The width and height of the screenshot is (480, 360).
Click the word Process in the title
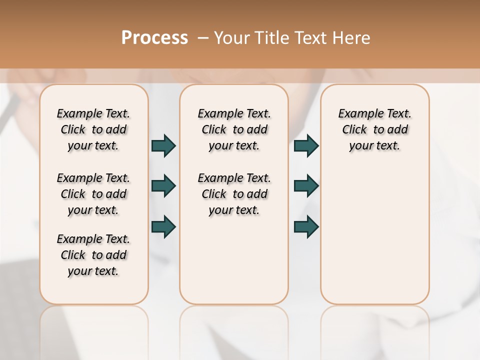(154, 38)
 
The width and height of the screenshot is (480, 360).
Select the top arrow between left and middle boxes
(163, 145)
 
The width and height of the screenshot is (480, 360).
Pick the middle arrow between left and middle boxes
(163, 186)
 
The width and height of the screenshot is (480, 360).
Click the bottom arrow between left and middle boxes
(163, 226)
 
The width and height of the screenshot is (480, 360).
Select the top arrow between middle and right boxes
(306, 145)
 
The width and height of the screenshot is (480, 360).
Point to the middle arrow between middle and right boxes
(306, 186)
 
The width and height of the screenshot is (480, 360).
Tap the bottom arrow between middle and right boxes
(306, 226)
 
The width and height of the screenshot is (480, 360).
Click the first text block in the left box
(93, 129)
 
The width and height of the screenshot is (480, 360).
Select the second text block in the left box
(93, 194)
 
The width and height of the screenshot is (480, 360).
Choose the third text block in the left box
(93, 255)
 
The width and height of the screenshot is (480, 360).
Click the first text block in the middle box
(234, 129)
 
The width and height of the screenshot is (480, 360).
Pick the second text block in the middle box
(234, 194)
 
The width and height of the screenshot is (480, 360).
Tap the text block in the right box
(374, 129)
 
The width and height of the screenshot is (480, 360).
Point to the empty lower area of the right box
(374, 235)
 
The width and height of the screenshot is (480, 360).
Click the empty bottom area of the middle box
(234, 265)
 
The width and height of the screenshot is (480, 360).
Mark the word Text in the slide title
(309, 38)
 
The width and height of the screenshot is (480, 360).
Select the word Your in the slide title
(231, 38)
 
